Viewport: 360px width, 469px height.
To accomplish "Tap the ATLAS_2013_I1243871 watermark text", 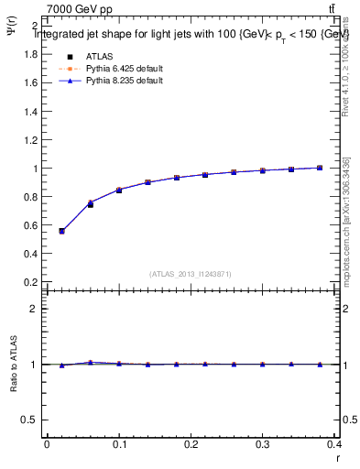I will pyautogui.click(x=191, y=274).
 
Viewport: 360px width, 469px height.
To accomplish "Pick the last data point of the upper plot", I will pyautogui.click(x=319, y=168).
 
